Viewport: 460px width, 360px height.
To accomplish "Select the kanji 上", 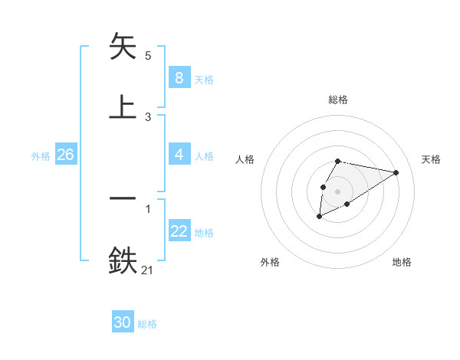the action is pos(123,107).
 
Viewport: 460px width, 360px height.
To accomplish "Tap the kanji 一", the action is pos(123,198).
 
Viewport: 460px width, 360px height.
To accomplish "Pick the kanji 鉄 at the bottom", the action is pos(123,260).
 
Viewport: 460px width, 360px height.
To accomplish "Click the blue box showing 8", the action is pos(179,78).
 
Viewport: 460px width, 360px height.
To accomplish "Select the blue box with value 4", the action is pos(179,155).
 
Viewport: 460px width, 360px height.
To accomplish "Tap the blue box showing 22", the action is pos(179,231).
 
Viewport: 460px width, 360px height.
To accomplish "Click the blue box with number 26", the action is pos(65,155).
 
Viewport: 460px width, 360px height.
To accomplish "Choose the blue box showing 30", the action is pos(123,322).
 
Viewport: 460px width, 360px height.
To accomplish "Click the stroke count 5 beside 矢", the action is pos(148,55).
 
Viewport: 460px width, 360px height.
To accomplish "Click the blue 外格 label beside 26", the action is pos(41,156).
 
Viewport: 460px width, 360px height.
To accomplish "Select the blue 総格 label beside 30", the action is pos(147,324).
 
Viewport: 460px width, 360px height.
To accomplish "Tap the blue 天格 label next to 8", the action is pos(204,80).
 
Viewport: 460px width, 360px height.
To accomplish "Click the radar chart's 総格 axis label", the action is pos(337,100).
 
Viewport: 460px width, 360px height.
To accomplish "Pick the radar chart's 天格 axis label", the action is pos(432,159).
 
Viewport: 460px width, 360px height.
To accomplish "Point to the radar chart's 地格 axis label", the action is pos(402,262).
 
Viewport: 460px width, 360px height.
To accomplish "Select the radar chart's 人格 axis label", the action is pos(245,159).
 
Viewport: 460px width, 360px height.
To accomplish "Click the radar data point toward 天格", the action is pos(396,172).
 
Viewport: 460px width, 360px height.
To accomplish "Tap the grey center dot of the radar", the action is pos(337,191).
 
